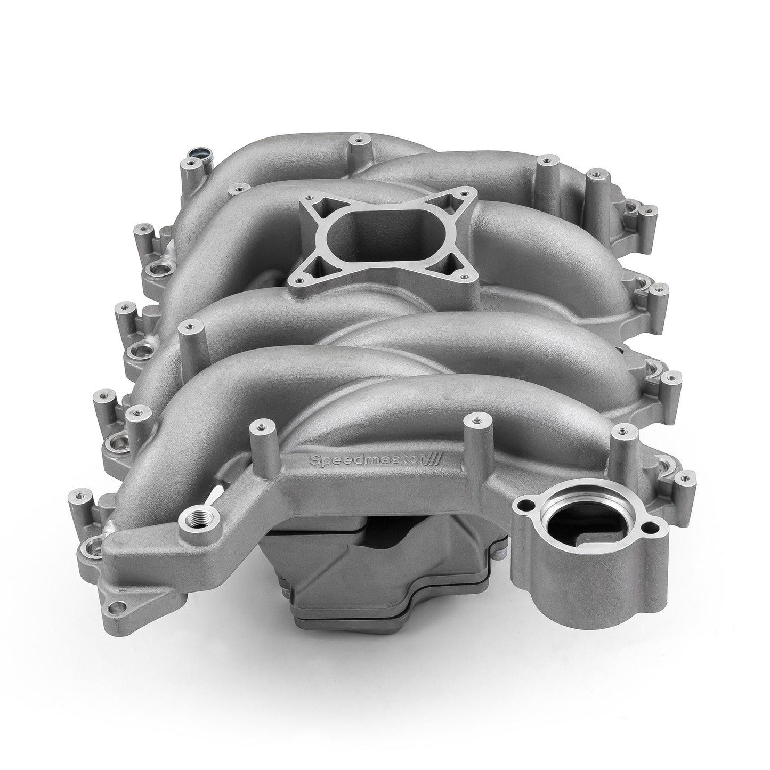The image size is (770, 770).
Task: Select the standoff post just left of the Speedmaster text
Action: (x=260, y=426)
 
